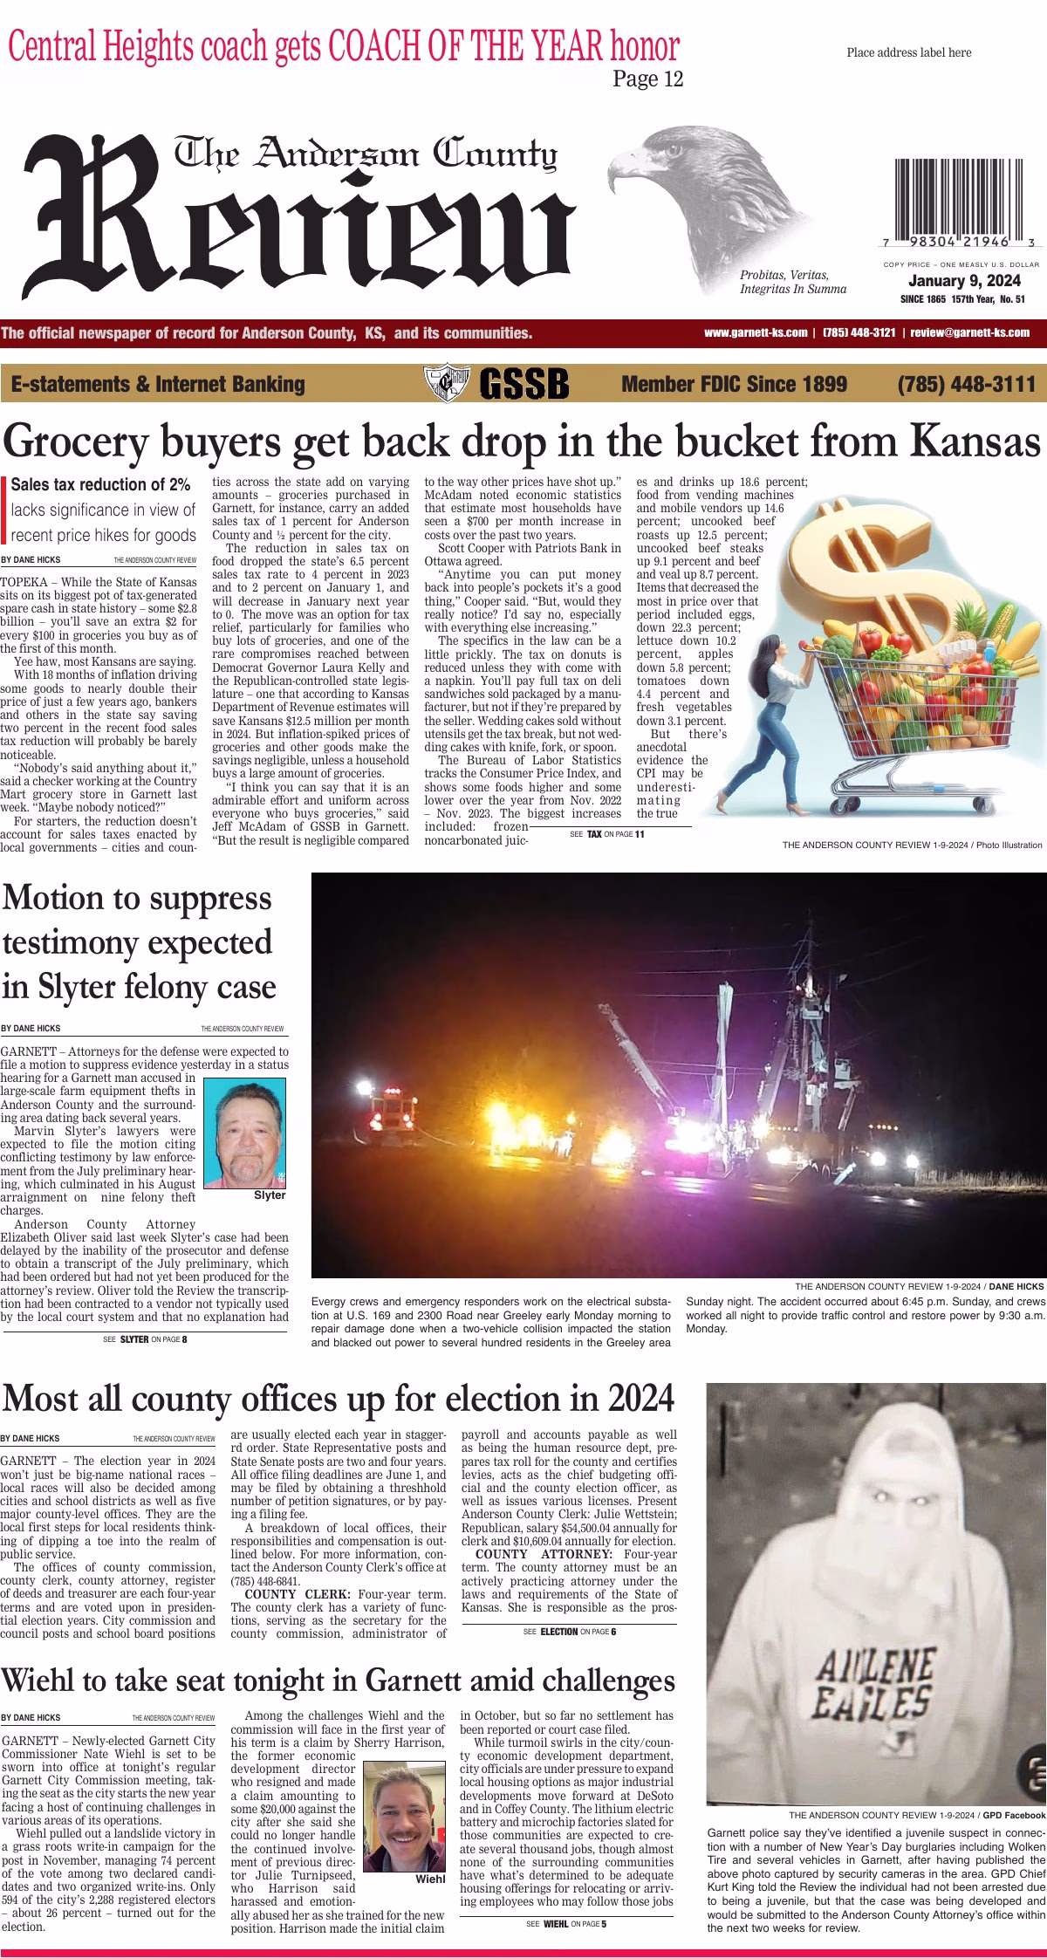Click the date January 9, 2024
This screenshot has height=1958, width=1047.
tap(964, 281)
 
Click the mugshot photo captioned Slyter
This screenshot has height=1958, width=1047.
tap(243, 1133)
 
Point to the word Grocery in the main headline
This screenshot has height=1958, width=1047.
tap(73, 442)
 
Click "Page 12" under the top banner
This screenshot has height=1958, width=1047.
tap(647, 79)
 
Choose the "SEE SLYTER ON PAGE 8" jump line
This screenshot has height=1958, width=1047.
tap(144, 1338)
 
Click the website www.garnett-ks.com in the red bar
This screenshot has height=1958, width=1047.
tap(755, 332)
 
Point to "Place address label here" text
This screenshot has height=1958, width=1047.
tap(908, 53)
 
